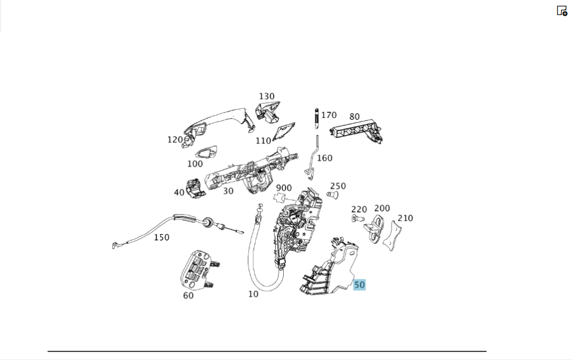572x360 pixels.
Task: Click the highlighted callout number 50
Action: (359, 284)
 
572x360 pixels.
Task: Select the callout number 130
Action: (267, 97)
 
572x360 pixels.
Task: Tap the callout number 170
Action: (329, 115)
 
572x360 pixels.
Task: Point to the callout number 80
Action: (355, 117)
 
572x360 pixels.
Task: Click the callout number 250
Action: (338, 186)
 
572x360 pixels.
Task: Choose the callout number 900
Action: (284, 188)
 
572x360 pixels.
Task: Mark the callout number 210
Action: (405, 218)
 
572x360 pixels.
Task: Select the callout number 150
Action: (161, 237)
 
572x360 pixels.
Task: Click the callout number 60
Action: (188, 295)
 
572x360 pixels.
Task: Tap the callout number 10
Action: (253, 294)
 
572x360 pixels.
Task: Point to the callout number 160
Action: (324, 158)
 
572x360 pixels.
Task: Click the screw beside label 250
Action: (331, 195)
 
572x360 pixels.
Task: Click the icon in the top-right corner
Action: (562, 10)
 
